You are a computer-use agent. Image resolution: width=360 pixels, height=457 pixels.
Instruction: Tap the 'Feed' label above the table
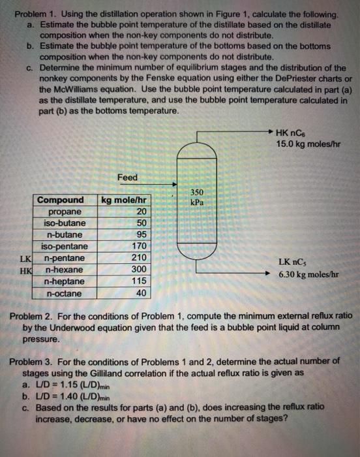[x=127, y=177]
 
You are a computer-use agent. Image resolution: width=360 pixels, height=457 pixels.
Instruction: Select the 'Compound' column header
[x=61, y=200]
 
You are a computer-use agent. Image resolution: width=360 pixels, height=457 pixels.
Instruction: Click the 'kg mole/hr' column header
[x=125, y=200]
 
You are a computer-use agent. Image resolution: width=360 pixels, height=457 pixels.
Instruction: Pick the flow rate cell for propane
[x=142, y=212]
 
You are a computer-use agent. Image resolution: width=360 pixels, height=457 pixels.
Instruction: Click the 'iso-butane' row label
[x=63, y=223]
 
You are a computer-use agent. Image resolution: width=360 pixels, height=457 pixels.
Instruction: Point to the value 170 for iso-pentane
[x=139, y=247]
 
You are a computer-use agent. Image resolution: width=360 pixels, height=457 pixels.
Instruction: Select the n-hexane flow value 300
[x=139, y=270]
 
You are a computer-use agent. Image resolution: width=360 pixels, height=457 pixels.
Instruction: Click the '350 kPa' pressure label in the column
[x=197, y=197]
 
